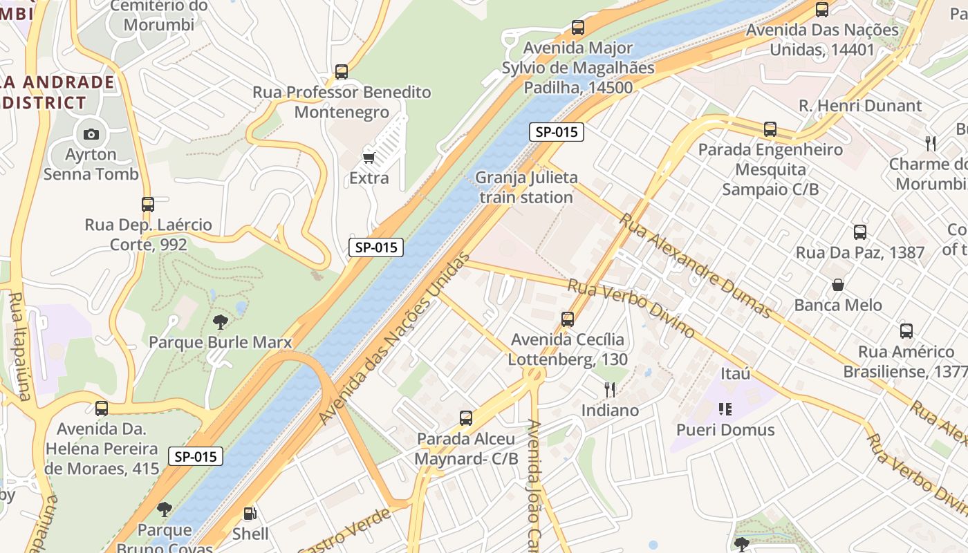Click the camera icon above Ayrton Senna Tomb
point(91,134)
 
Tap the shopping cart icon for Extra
point(369,158)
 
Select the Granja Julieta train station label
point(526,187)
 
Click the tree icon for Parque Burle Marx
point(221,321)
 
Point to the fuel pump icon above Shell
point(250,513)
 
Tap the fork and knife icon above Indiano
point(609,390)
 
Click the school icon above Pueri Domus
point(725,409)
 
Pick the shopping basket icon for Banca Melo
point(838,285)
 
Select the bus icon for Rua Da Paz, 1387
point(860,232)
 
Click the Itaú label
point(736,374)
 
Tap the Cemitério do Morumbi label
point(159,15)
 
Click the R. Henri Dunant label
point(860,106)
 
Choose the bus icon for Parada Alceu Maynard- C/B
point(466,418)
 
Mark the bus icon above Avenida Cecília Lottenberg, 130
point(568,319)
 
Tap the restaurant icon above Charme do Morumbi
point(931,144)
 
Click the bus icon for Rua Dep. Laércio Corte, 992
point(148,205)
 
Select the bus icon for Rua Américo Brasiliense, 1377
point(906,331)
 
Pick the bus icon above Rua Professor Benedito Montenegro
point(342,72)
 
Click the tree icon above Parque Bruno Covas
point(164,510)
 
